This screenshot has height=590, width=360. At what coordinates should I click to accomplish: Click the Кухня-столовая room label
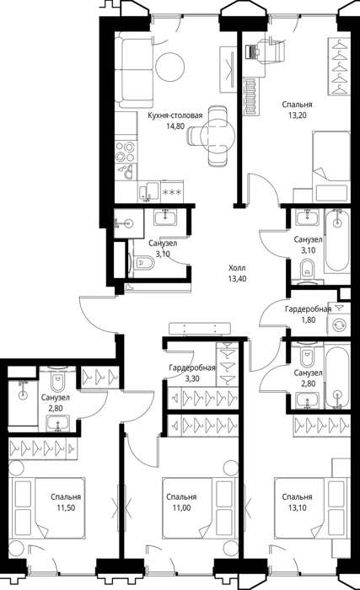pyautogui.click(x=175, y=115)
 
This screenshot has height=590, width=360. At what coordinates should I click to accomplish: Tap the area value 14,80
pyautogui.click(x=175, y=126)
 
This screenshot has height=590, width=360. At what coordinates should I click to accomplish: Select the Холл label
pyautogui.click(x=237, y=268)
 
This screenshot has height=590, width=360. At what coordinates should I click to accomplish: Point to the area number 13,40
pyautogui.click(x=237, y=279)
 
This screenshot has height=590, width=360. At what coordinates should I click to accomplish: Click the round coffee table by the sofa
pyautogui.click(x=169, y=67)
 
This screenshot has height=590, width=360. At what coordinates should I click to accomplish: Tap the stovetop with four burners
pyautogui.click(x=126, y=151)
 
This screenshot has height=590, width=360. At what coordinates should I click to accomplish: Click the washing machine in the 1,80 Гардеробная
pyautogui.click(x=339, y=324)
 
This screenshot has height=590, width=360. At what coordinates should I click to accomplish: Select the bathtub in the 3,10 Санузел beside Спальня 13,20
pyautogui.click(x=337, y=240)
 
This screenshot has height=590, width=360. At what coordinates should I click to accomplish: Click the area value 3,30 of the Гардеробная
pyautogui.click(x=192, y=378)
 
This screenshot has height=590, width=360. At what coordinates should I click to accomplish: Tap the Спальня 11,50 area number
pyautogui.click(x=67, y=508)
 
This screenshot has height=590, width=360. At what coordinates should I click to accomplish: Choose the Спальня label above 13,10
pyautogui.click(x=297, y=497)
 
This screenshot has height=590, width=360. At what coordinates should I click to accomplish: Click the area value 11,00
pyautogui.click(x=181, y=508)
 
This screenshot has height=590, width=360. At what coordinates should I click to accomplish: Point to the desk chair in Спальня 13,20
pyautogui.click(x=276, y=51)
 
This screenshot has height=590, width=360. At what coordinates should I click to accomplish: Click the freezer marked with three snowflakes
pyautogui.click(x=171, y=192)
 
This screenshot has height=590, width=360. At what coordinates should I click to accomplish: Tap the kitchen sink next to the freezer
pyautogui.click(x=149, y=192)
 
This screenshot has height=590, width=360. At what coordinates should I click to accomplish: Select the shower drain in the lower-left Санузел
pyautogui.click(x=23, y=395)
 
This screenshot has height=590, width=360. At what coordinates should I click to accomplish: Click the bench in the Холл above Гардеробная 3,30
pyautogui.click(x=200, y=328)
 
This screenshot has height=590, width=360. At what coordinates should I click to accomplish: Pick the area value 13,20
pyautogui.click(x=298, y=115)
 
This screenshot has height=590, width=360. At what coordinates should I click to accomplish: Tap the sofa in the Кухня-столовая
pyautogui.click(x=134, y=70)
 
